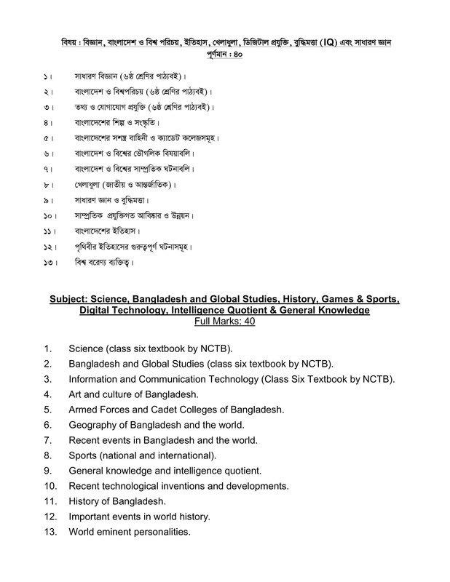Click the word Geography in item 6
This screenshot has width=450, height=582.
[94, 424]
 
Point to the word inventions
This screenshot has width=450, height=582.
[184, 485]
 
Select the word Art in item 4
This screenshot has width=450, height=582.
[76, 394]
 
